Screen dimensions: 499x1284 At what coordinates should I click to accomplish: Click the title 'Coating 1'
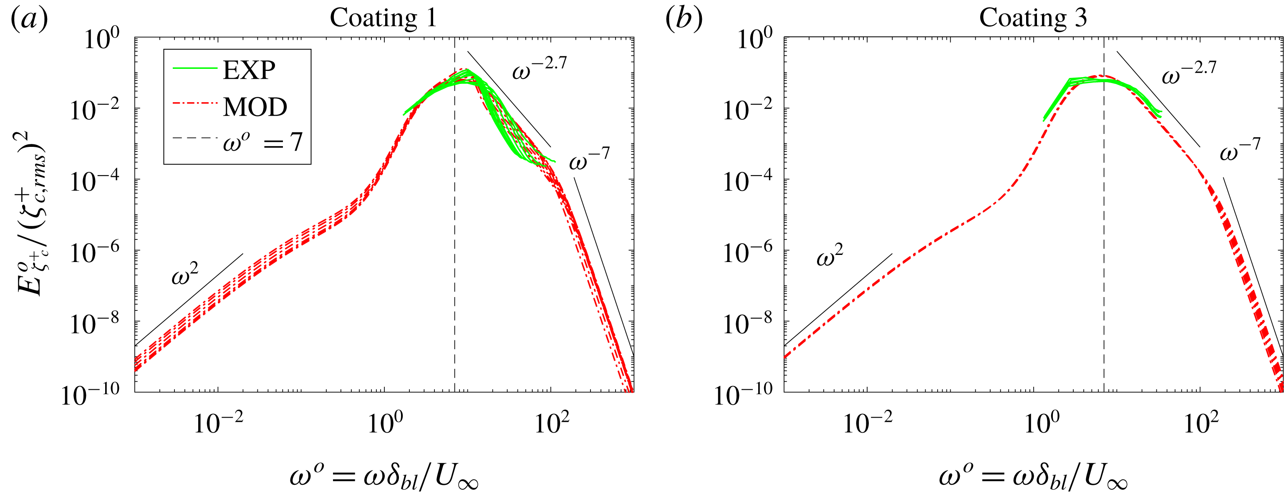coord(383,18)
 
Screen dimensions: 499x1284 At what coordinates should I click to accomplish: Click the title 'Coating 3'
coord(1033,18)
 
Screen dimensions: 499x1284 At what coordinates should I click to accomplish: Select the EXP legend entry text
coord(249,70)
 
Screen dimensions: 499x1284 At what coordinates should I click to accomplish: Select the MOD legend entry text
coord(255,107)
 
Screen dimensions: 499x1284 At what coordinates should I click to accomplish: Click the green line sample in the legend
coord(194,69)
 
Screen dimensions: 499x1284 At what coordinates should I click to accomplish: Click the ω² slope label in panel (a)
coord(184,275)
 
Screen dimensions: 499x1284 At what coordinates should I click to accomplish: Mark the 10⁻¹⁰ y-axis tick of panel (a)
coord(90,395)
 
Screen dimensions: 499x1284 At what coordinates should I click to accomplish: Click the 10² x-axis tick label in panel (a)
coord(551,424)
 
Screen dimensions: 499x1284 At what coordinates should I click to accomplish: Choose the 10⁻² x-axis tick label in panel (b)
coord(867,424)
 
